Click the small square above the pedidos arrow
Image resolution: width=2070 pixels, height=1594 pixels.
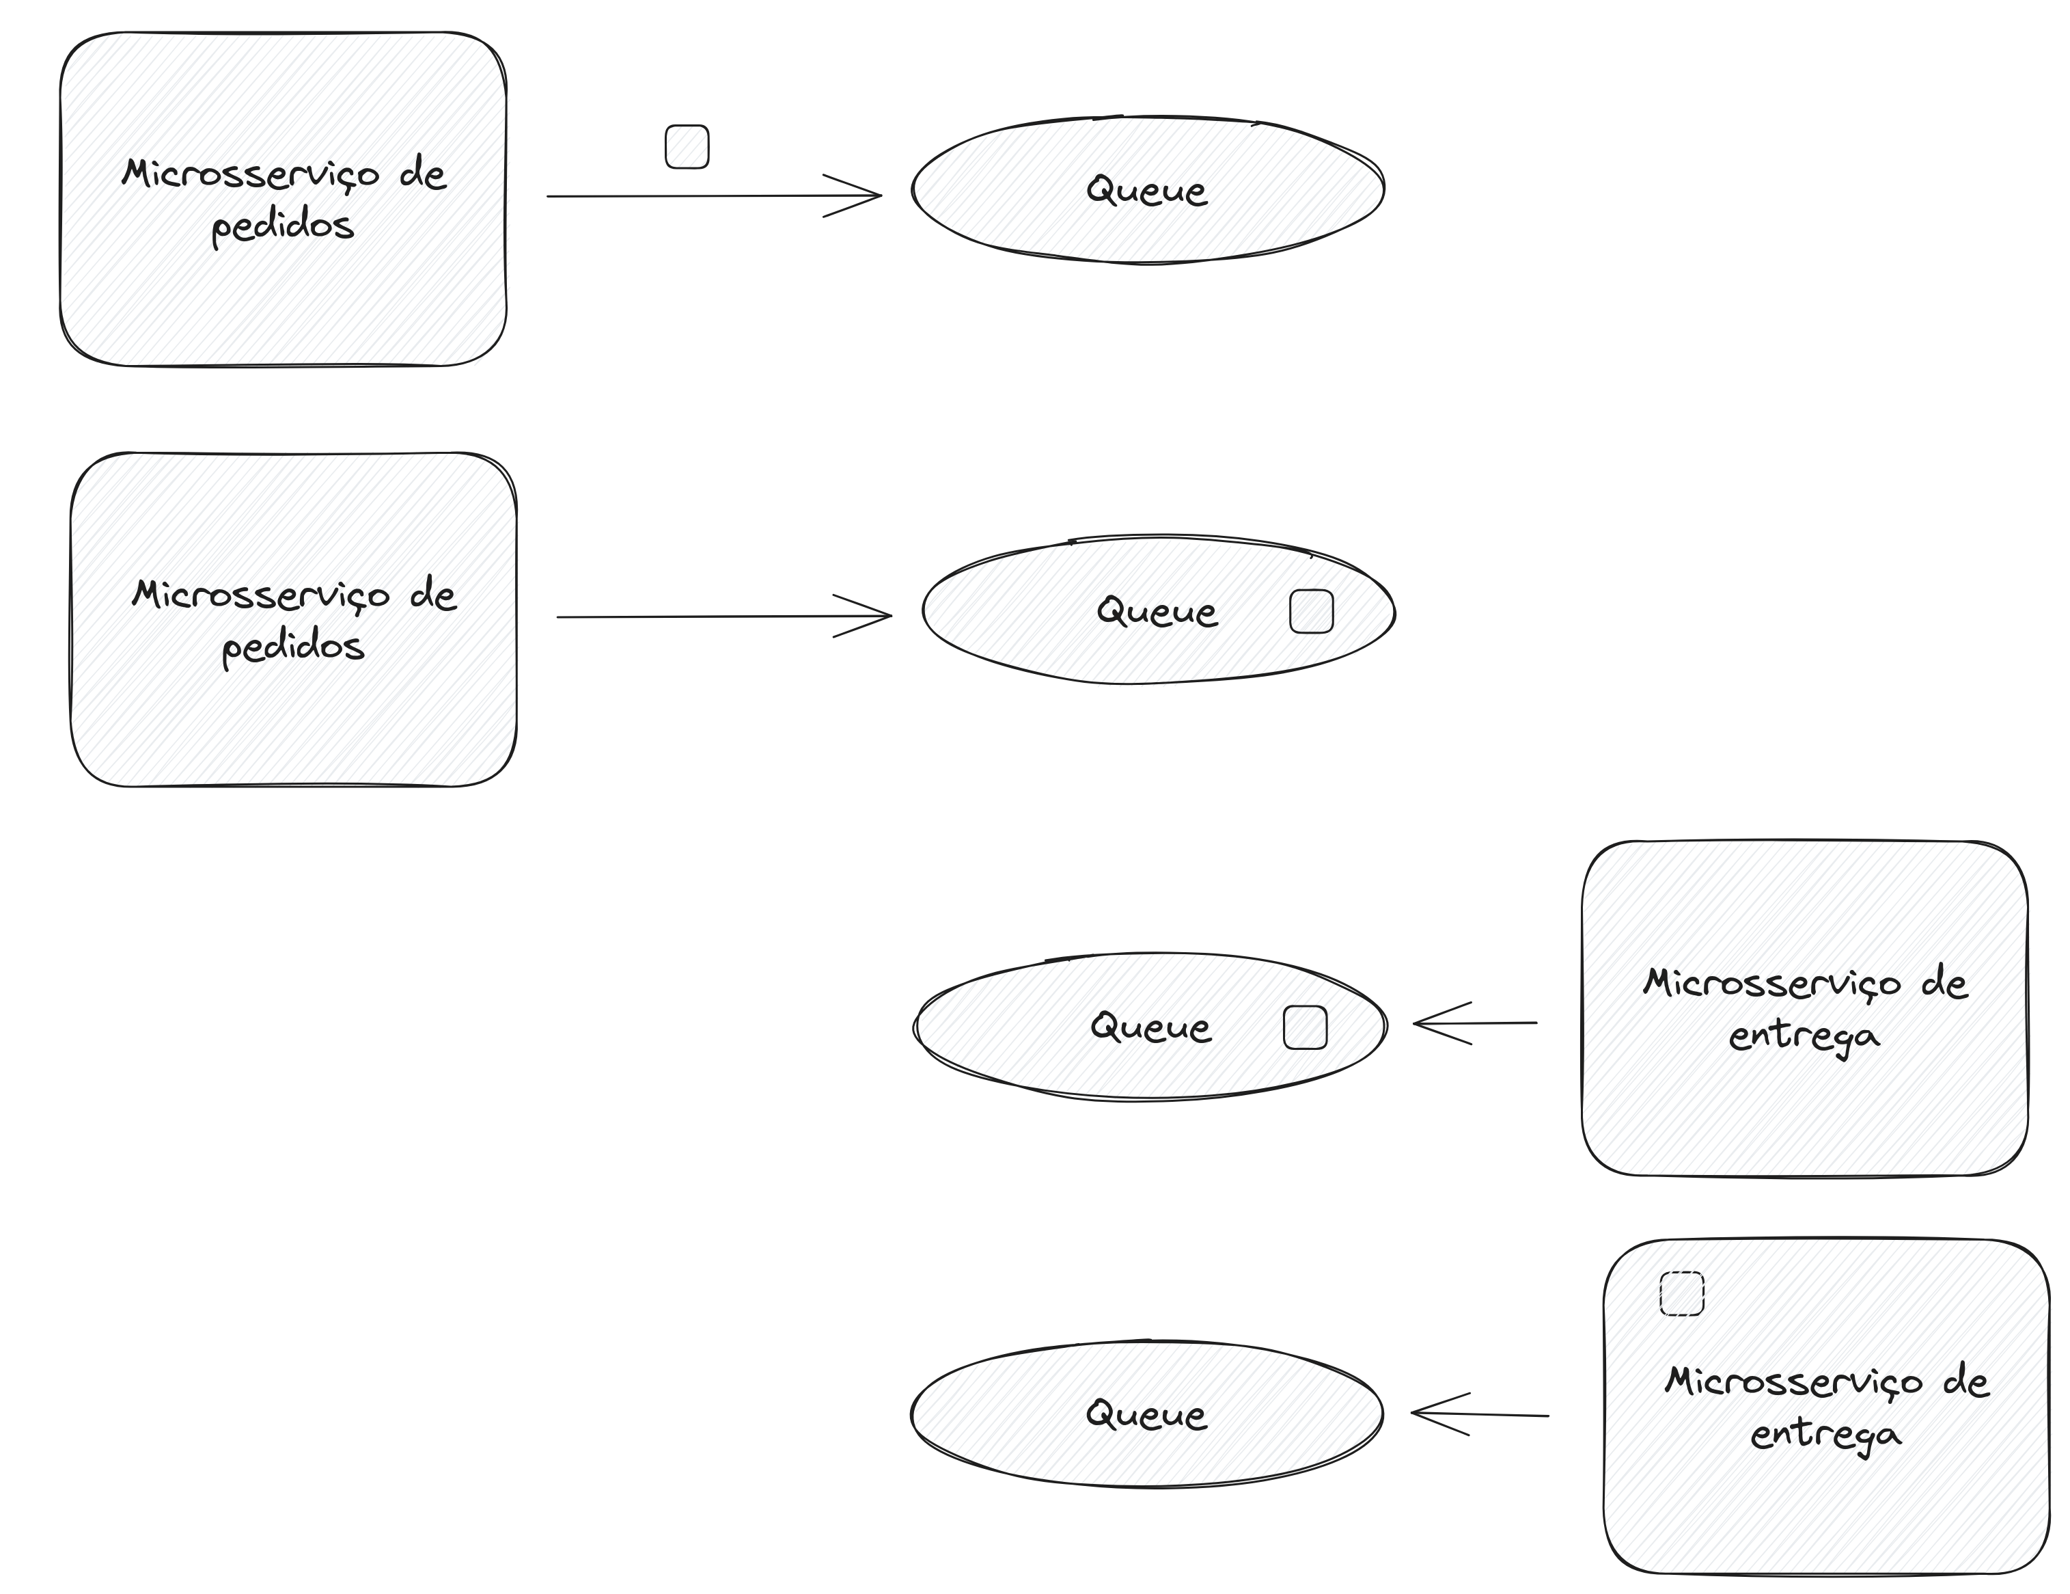pyautogui.click(x=687, y=147)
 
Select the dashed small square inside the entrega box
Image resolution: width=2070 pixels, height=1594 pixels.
pyautogui.click(x=1681, y=1293)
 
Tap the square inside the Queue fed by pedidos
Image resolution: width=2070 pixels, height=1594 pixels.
pyautogui.click(x=1311, y=612)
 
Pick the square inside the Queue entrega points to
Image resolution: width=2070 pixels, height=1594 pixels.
pyautogui.click(x=1304, y=1028)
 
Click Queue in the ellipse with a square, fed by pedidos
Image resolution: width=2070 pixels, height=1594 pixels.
pyautogui.click(x=1157, y=612)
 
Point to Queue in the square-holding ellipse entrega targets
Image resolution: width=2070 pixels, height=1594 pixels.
pyautogui.click(x=1150, y=1027)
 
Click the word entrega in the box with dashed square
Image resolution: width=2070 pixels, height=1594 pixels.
pyautogui.click(x=1825, y=1435)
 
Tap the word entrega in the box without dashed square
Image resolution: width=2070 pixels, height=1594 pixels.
pyautogui.click(x=1803, y=1036)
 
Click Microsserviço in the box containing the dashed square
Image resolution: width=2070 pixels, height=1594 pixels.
pyautogui.click(x=1793, y=1381)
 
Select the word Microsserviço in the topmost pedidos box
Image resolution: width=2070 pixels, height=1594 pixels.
pyautogui.click(x=250, y=174)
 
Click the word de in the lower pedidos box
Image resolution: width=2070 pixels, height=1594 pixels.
pyautogui.click(x=433, y=595)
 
